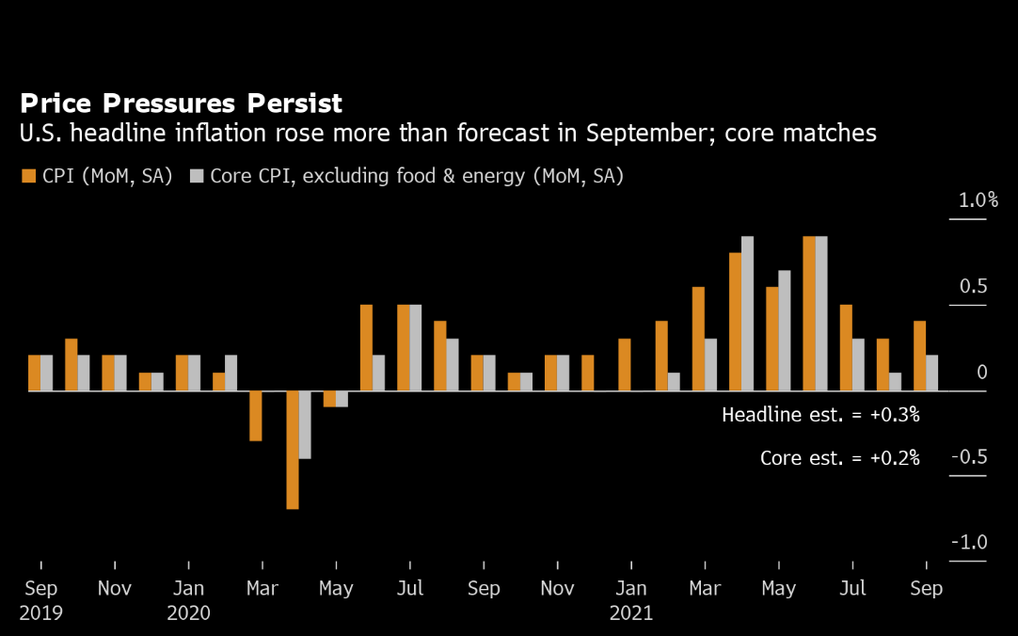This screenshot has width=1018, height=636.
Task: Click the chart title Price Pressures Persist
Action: point(182,103)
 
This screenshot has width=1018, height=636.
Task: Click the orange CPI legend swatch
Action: point(28,176)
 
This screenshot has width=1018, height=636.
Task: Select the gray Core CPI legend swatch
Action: point(197,176)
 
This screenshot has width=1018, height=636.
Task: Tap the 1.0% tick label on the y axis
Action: point(978,200)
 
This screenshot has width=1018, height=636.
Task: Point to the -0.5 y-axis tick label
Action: point(969,457)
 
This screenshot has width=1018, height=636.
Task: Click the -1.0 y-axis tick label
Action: point(969,543)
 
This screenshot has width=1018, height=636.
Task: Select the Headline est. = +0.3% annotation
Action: point(820,414)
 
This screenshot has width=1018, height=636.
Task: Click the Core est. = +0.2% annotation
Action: point(840,458)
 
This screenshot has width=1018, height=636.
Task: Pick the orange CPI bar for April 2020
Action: point(293,450)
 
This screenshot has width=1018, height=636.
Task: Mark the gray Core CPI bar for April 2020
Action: point(305,424)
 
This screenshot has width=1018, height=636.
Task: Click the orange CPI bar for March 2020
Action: point(256,415)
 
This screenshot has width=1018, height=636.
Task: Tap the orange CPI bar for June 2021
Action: point(809,313)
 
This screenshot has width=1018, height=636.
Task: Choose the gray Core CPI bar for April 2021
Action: point(748,313)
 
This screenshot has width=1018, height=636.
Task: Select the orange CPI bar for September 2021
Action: point(919,356)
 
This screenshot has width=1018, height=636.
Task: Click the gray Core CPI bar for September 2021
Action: point(931,373)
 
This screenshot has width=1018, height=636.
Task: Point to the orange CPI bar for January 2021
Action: point(625,364)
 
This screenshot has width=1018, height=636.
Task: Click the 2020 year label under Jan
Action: point(189,613)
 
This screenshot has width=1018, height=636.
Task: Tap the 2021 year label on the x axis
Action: point(631,613)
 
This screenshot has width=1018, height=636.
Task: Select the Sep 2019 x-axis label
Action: point(41,589)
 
